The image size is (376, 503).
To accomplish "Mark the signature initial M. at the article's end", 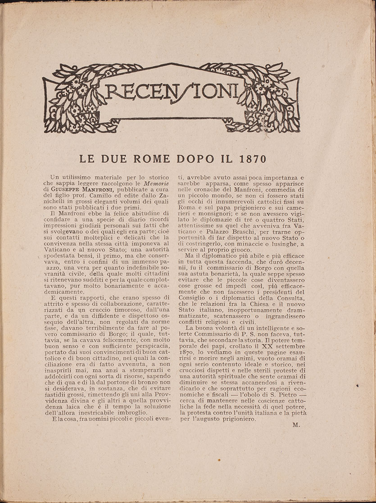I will click(x=295, y=425).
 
